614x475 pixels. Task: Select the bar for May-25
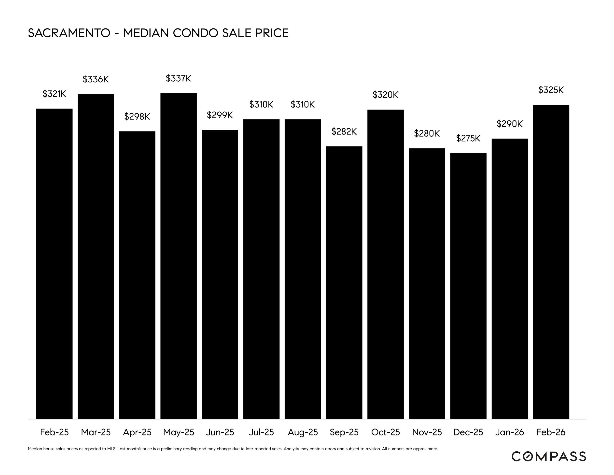pyautogui.click(x=179, y=256)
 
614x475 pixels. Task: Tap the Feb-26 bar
pyautogui.click(x=551, y=262)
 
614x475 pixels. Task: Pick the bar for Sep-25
pyautogui.click(x=344, y=282)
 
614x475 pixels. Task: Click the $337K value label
pyautogui.click(x=179, y=78)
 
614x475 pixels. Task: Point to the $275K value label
pyautogui.click(x=468, y=138)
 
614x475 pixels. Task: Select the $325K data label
pyautogui.click(x=551, y=90)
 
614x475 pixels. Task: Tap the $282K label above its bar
pyautogui.click(x=344, y=132)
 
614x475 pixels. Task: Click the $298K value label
pyautogui.click(x=137, y=116)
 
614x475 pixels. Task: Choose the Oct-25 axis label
pyautogui.click(x=385, y=432)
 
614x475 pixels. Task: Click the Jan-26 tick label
pyautogui.click(x=509, y=432)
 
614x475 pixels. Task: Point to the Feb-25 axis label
pyautogui.click(x=54, y=432)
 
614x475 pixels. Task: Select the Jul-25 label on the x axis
pyautogui.click(x=261, y=432)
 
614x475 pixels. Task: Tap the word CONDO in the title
pyautogui.click(x=195, y=33)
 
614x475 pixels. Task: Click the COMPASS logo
pyautogui.click(x=548, y=456)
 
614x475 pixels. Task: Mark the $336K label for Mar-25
pyautogui.click(x=96, y=79)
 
